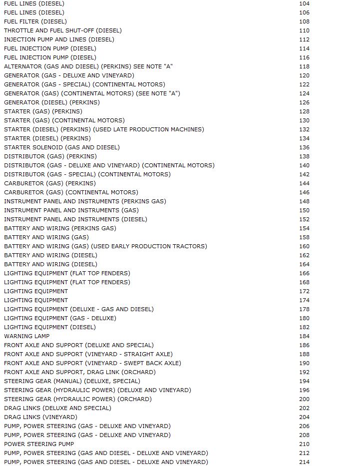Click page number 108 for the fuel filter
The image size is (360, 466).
pos(304,21)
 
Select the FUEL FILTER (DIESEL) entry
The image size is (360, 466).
pos(35,21)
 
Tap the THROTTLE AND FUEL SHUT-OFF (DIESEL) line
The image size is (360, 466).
pos(63,30)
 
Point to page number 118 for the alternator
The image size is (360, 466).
pos(304,66)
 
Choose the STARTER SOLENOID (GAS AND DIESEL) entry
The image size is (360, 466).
pos(62,147)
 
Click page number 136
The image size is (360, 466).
pos(304,147)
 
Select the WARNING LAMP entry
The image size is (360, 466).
pos(27,336)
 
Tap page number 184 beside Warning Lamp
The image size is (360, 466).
pos(304,336)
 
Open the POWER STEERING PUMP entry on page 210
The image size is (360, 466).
pos(39,444)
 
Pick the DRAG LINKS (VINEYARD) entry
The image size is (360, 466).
pos(41,417)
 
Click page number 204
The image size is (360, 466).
pos(304,417)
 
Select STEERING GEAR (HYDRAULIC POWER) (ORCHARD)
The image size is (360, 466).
pos(78,399)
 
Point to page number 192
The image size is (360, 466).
pos(304,372)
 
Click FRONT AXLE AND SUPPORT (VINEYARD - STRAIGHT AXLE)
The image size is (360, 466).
pos(88,354)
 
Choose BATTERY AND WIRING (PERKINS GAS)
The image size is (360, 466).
pos(60,228)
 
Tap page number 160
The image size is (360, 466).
pos(304,246)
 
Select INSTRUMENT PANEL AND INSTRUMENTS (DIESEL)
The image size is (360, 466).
pos(76,219)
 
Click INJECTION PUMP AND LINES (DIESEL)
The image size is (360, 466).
pos(59,39)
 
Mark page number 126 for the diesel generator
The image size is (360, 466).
pos(304,102)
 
